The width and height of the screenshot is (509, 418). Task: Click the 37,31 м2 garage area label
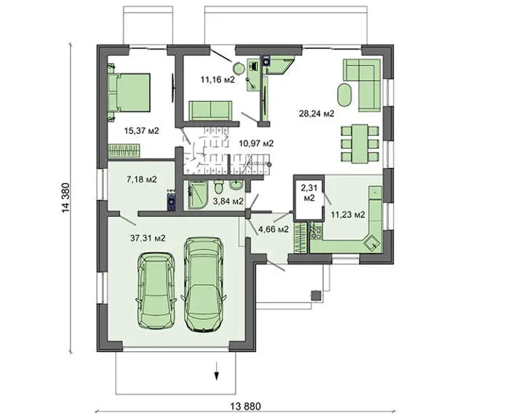pyautogui.click(x=148, y=238)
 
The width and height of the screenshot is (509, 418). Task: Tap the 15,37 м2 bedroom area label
pyautogui.click(x=142, y=131)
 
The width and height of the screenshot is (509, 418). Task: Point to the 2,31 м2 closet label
pyautogui.click(x=309, y=192)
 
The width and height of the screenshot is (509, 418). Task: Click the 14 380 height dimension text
pyautogui.click(x=65, y=198)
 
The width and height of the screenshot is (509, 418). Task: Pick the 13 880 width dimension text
pyautogui.click(x=246, y=406)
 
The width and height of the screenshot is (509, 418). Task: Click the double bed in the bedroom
pyautogui.click(x=129, y=92)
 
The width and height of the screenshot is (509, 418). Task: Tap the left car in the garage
pyautogui.click(x=156, y=290)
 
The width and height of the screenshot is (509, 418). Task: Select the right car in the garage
pyautogui.click(x=203, y=285)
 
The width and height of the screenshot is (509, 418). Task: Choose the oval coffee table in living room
pyautogui.click(x=345, y=95)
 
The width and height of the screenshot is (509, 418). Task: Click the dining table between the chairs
pyautogui.click(x=360, y=143)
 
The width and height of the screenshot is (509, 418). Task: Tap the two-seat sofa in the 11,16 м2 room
pyautogui.click(x=211, y=110)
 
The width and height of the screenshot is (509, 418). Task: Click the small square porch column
pyautogui.click(x=316, y=295)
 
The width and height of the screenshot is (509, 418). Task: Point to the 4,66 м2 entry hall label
pyautogui.click(x=273, y=229)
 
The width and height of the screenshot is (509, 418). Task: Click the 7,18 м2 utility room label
pyautogui.click(x=142, y=179)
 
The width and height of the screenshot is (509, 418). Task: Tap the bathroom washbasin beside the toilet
pyautogui.click(x=236, y=185)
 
